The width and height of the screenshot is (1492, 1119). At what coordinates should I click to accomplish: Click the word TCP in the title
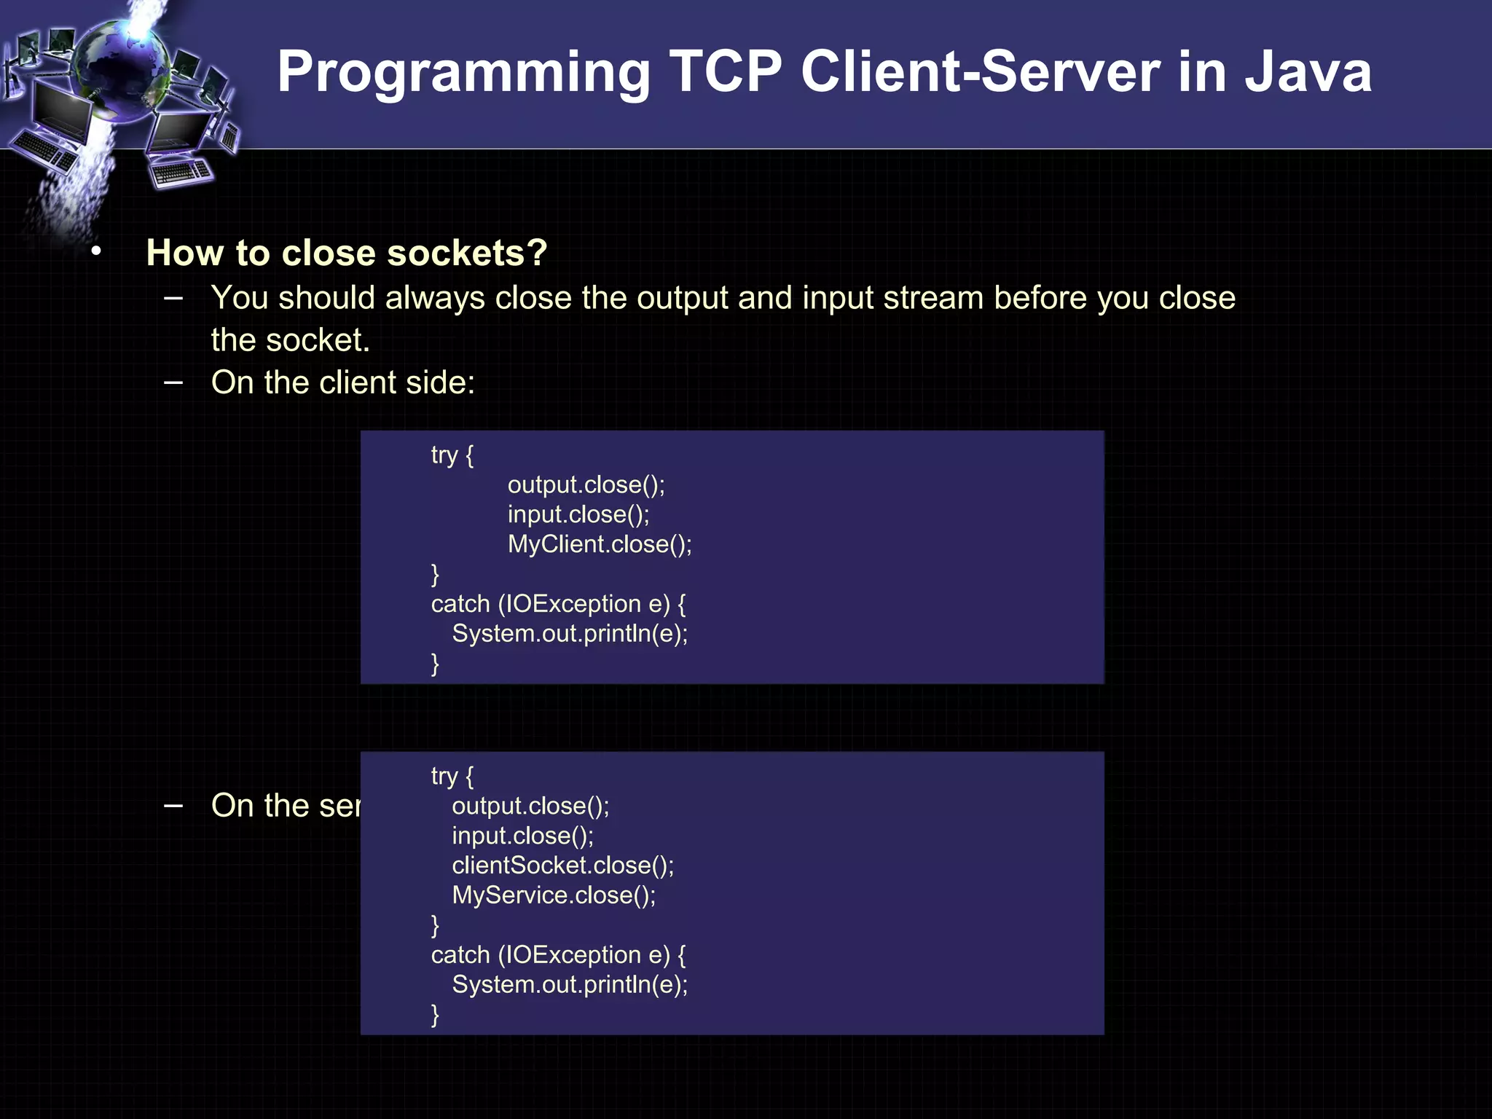click(x=726, y=72)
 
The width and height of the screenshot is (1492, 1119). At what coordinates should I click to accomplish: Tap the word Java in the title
click(x=1308, y=72)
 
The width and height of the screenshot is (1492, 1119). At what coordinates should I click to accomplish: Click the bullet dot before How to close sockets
click(x=96, y=252)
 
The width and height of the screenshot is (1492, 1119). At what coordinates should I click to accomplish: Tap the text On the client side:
click(x=342, y=382)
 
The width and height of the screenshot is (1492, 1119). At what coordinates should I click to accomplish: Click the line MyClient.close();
click(x=600, y=544)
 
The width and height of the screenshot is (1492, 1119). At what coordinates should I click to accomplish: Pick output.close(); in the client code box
click(x=586, y=484)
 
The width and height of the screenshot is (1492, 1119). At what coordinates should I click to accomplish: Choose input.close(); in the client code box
click(x=578, y=514)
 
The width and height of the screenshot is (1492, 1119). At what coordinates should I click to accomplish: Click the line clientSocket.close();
click(x=562, y=865)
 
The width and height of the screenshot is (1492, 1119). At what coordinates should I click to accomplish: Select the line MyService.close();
click(x=554, y=895)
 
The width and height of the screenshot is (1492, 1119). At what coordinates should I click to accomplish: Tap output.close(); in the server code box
click(x=530, y=806)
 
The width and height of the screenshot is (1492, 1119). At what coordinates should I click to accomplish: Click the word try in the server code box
click(x=444, y=776)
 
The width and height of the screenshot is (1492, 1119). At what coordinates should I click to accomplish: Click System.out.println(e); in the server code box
click(x=570, y=985)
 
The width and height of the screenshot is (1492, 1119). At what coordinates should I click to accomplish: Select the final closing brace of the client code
click(x=435, y=664)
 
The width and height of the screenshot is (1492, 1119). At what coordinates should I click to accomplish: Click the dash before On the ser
click(x=173, y=806)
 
